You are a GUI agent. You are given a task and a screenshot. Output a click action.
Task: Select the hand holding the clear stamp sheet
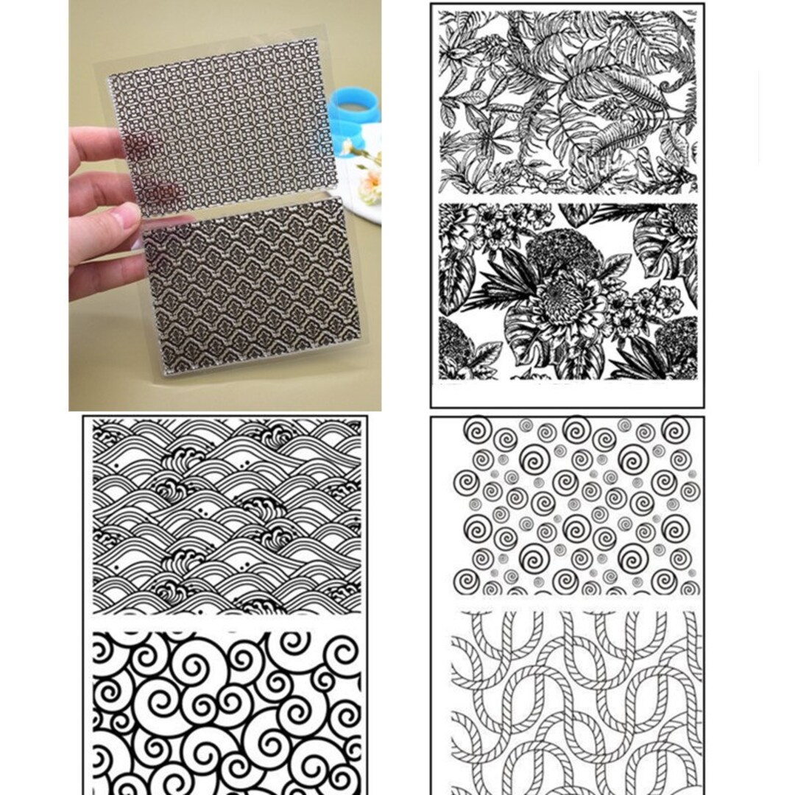pos(103,213)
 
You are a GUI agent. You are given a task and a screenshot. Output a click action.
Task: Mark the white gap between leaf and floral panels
pos(568,198)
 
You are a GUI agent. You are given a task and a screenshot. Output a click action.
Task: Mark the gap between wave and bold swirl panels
pos(226,622)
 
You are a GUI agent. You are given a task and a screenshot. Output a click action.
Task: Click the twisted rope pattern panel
pos(575,699)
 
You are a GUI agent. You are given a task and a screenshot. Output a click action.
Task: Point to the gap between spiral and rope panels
pos(575,603)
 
